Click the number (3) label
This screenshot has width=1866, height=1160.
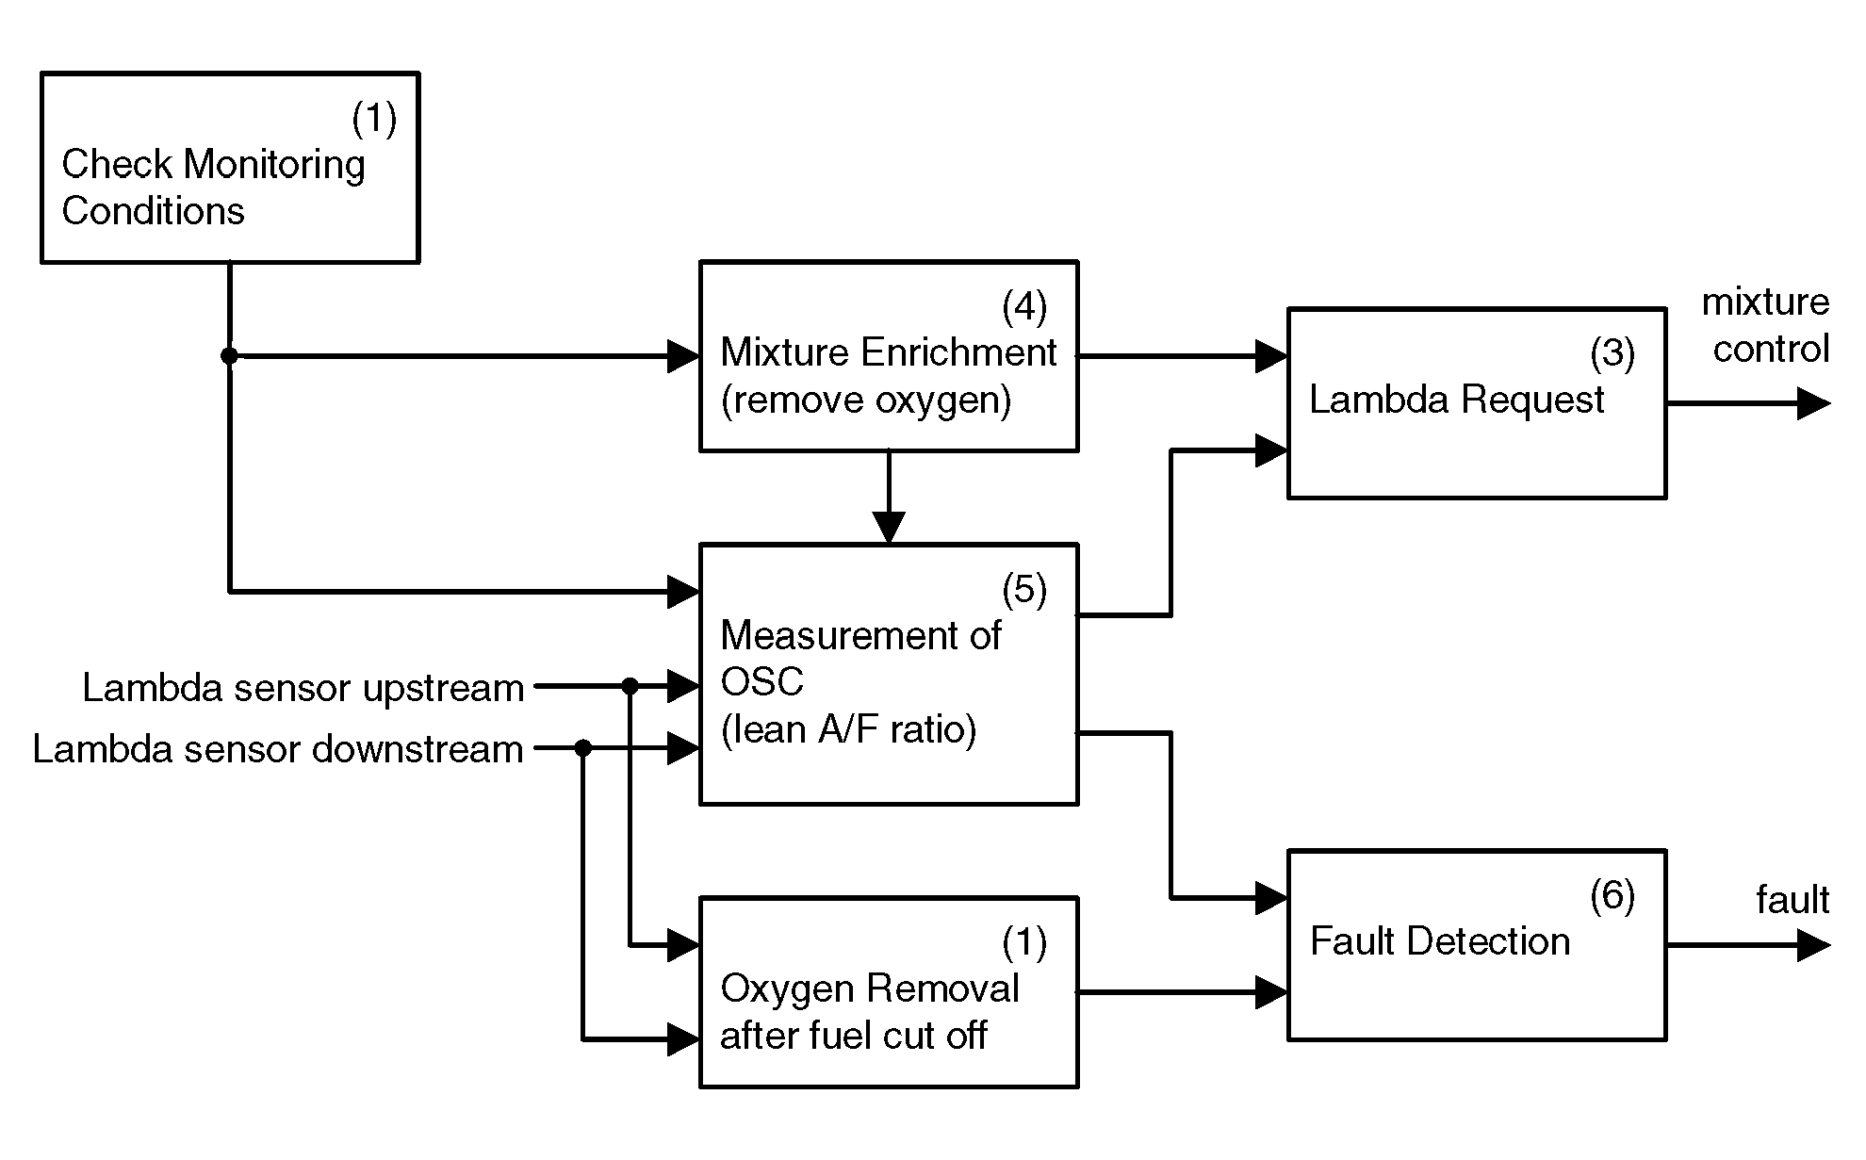[1612, 353]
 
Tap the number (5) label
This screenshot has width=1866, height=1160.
[1024, 590]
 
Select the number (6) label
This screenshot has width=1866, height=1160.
[1612, 895]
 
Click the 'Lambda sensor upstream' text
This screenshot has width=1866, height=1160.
[303, 688]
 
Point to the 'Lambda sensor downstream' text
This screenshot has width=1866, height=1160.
[278, 749]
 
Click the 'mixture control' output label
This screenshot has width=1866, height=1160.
[1765, 325]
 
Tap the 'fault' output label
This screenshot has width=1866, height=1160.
[1792, 900]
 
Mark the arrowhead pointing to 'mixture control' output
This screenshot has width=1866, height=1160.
[1814, 403]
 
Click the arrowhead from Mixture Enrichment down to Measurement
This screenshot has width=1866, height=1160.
[889, 528]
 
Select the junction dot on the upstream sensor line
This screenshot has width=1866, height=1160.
[630, 686]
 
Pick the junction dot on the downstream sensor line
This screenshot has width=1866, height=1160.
[583, 748]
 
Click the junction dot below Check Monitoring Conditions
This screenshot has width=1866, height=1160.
[229, 355]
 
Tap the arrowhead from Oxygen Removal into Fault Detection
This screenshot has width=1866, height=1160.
[1272, 992]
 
